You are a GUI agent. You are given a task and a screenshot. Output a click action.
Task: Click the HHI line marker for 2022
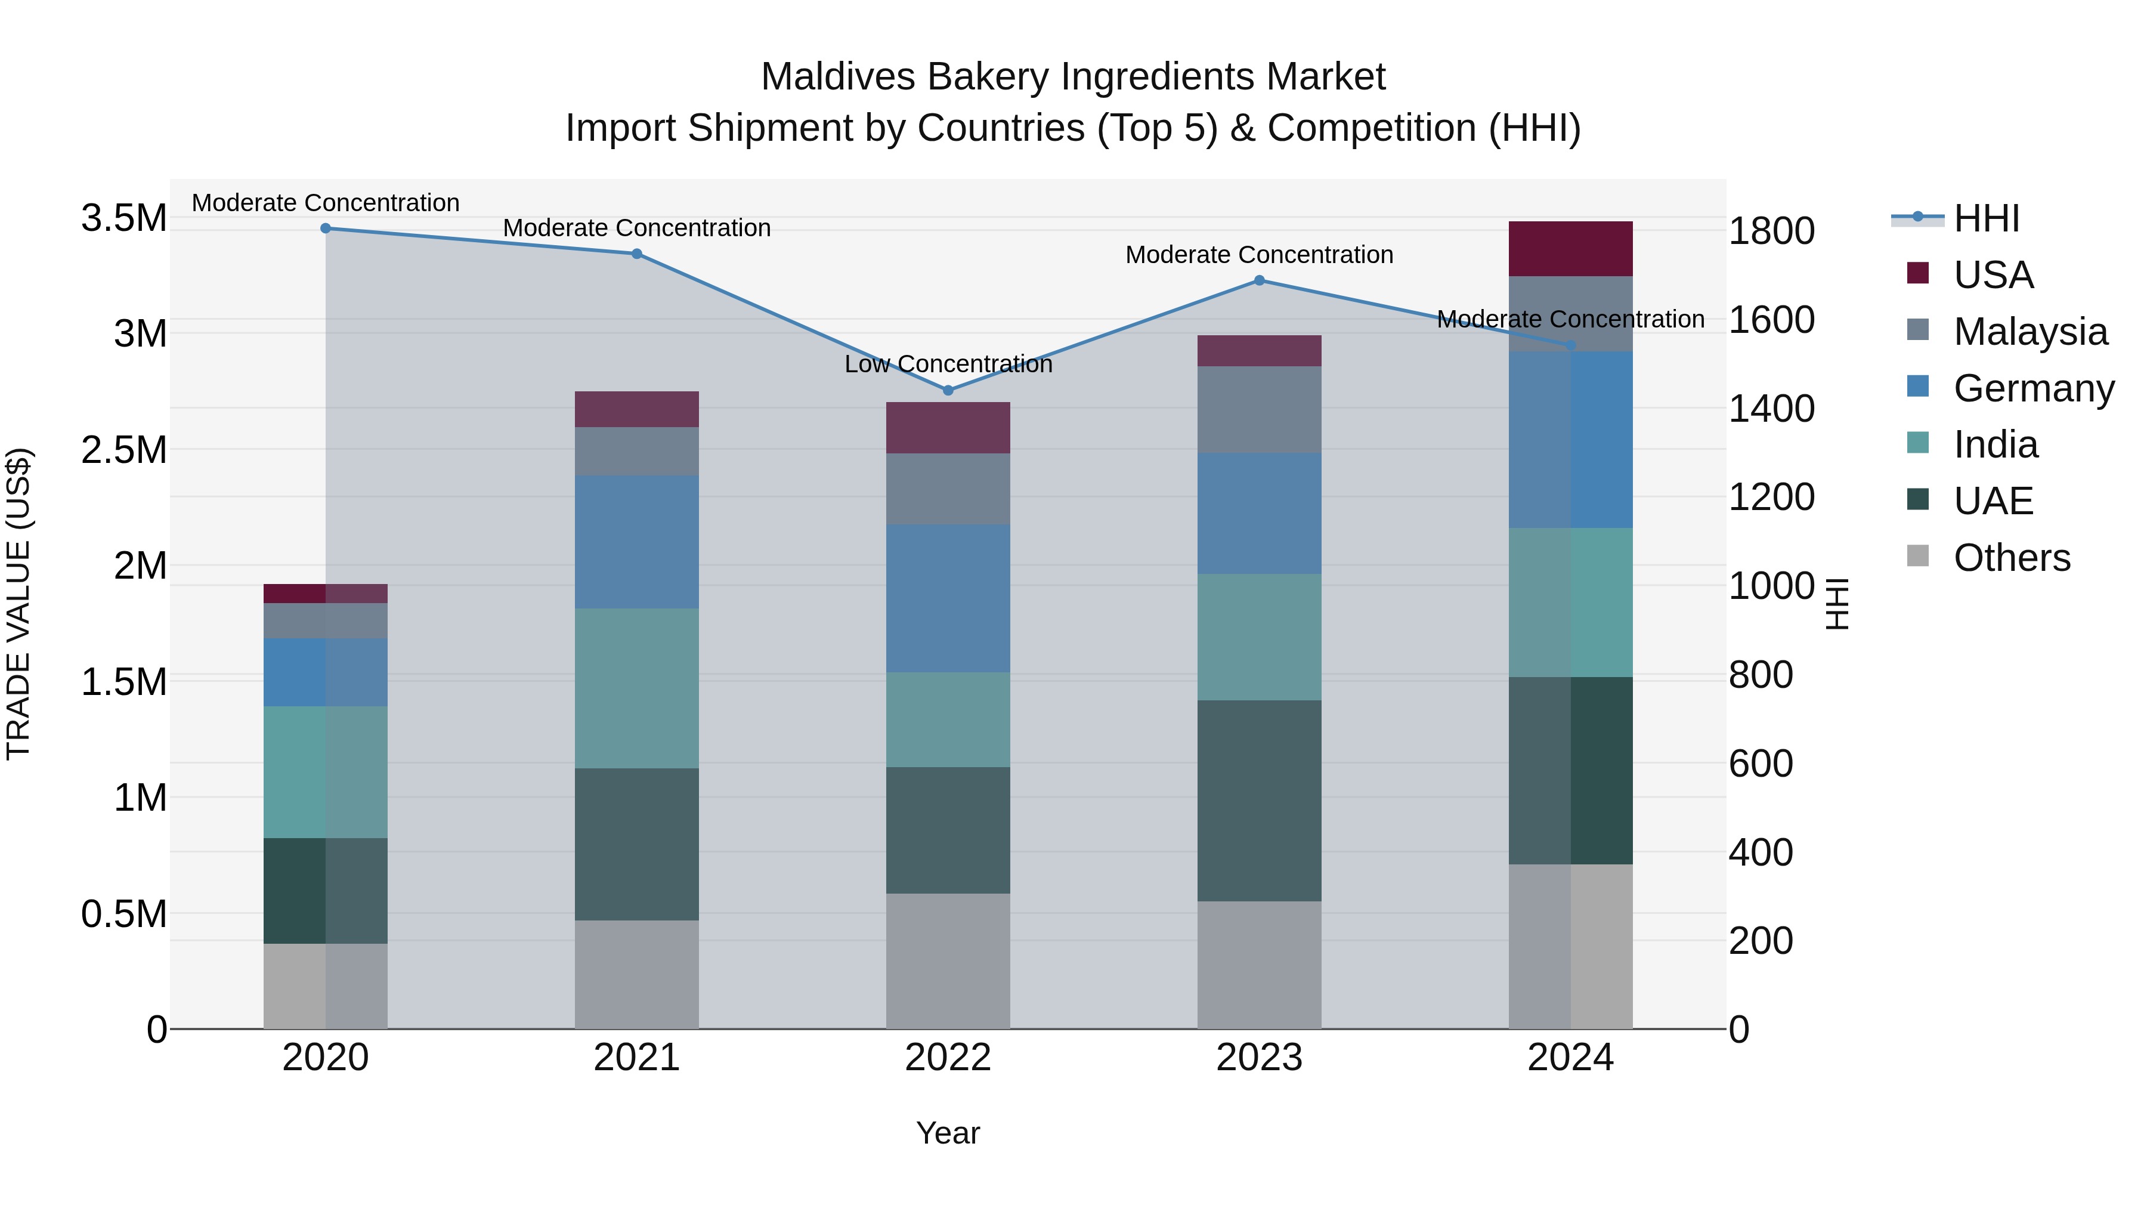click(948, 390)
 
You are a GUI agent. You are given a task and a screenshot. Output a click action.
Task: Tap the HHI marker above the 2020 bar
click(326, 228)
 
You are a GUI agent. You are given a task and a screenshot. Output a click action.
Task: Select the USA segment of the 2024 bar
click(1570, 248)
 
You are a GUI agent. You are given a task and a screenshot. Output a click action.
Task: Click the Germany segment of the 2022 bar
click(948, 598)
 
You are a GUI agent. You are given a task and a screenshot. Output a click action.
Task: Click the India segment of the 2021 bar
click(637, 688)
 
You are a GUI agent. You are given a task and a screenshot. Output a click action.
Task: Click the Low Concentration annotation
click(948, 364)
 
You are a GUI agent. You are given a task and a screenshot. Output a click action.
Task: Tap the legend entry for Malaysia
click(2030, 332)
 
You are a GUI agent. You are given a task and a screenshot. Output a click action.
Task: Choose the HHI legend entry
click(1985, 218)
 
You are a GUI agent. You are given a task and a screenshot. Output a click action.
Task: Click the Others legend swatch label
click(2011, 558)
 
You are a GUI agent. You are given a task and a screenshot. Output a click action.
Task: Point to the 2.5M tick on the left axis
click(123, 450)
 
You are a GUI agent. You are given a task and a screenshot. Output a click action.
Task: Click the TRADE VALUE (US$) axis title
click(18, 604)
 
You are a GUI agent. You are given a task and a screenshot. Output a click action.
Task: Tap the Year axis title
click(948, 1133)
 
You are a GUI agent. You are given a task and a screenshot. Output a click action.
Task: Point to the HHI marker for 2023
click(1260, 281)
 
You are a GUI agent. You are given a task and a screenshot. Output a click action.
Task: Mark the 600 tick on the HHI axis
click(1761, 764)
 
